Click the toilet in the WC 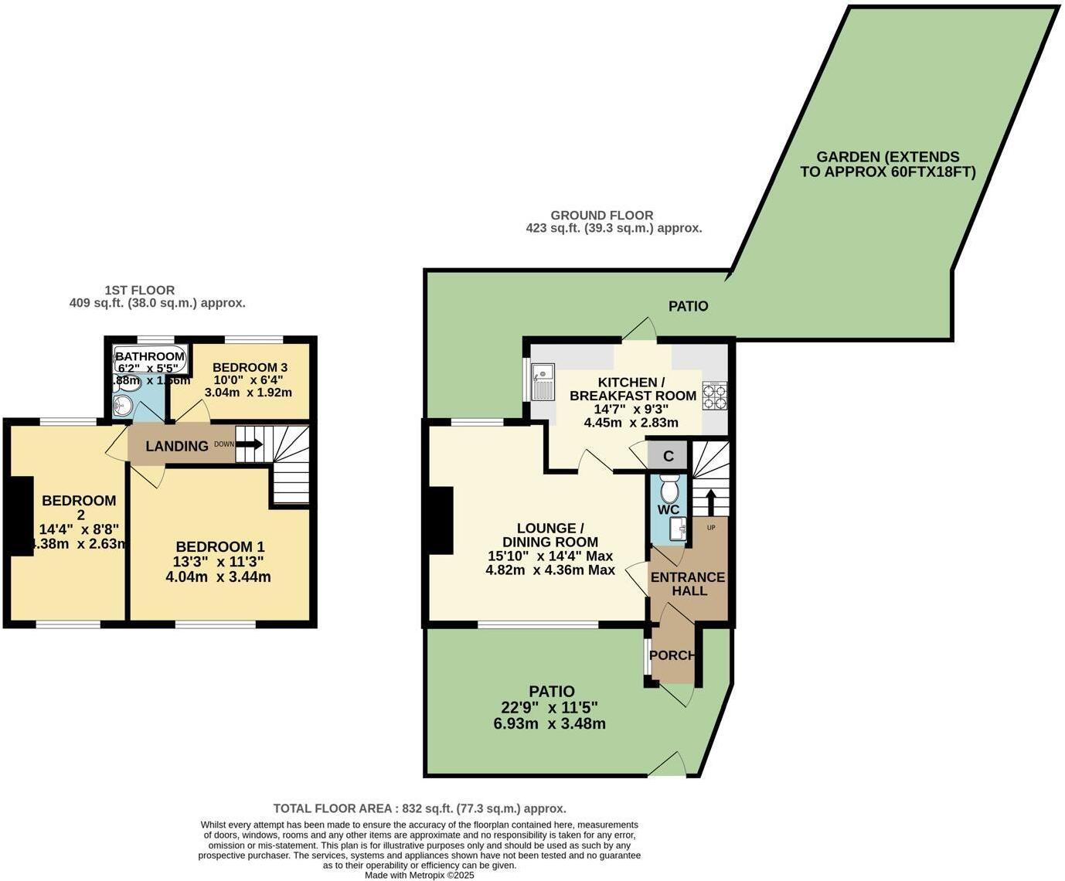[x=669, y=488]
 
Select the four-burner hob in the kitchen [x=715, y=396]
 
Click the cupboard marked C [x=669, y=456]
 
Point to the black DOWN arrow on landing [x=249, y=445]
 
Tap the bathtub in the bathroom [x=150, y=356]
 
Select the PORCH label [x=672, y=655]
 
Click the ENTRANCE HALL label [x=688, y=584]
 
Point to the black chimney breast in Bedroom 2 [x=20, y=515]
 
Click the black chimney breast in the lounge [x=441, y=520]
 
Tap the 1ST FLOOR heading [x=140, y=291]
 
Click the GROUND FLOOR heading [x=601, y=216]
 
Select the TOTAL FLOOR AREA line [x=420, y=808]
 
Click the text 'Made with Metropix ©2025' [x=420, y=876]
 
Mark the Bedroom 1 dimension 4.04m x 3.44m [x=218, y=577]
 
